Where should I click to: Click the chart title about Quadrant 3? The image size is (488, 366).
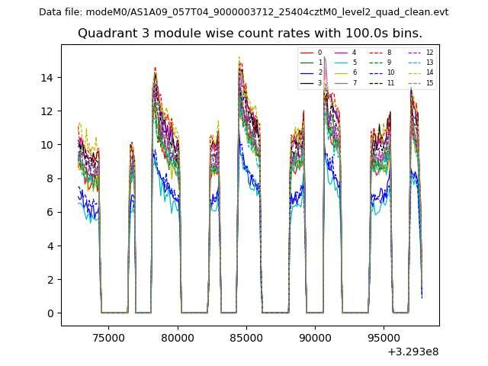249,34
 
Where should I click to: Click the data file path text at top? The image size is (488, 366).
243,12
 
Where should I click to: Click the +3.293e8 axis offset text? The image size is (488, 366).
413,352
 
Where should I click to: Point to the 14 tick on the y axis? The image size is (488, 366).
48,78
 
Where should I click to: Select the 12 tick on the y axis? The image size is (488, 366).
48,111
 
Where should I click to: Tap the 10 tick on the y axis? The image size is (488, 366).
48,145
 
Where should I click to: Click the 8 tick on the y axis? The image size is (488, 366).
51,178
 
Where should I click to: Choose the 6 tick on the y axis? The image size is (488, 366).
51,212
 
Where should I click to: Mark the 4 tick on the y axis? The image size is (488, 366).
51,246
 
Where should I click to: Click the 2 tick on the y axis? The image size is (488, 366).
51,279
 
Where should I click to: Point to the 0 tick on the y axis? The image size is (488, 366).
51,313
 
